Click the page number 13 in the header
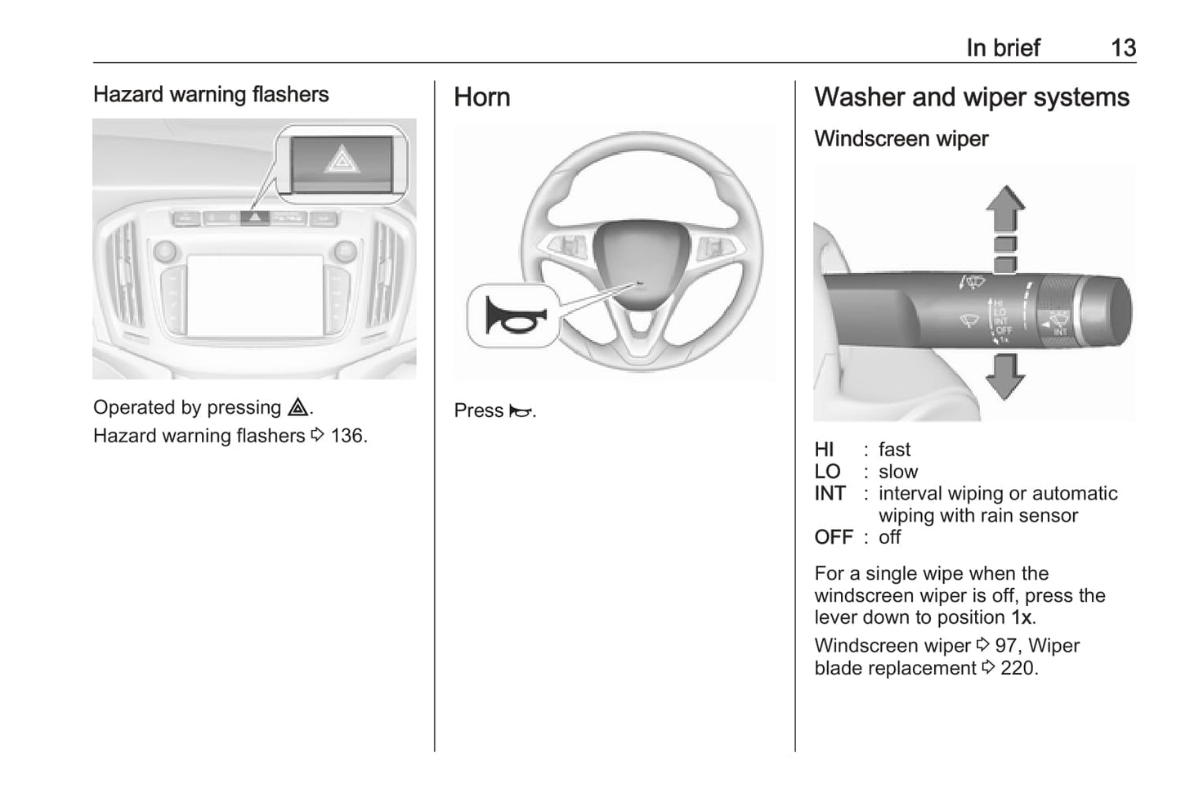point(1123,47)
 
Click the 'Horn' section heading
point(481,97)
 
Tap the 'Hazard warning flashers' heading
point(211,94)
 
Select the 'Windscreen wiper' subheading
point(901,139)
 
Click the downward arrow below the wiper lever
point(1004,376)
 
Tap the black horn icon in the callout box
point(512,316)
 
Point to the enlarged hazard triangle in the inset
point(342,159)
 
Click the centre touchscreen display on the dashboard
point(254,294)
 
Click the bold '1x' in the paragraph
point(1021,617)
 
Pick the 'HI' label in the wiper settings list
point(824,450)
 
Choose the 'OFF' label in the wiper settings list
point(834,537)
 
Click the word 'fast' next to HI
point(894,450)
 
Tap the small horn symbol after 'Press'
point(520,411)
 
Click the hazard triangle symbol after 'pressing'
point(297,407)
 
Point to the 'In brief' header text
point(1002,47)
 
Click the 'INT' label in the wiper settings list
point(830,494)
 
